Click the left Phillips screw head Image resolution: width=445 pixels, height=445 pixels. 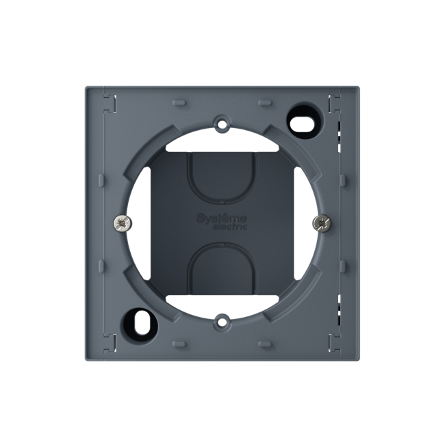123,223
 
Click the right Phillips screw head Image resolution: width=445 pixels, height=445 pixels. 322,223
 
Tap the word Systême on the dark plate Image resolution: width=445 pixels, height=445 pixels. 222,218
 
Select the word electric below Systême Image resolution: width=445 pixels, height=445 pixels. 229,227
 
